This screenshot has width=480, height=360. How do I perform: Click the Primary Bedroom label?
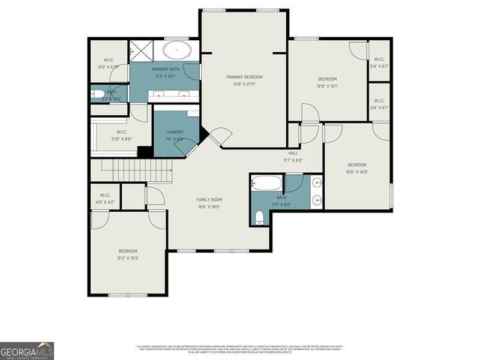(x=244, y=77)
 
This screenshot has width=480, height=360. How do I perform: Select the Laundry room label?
(x=175, y=132)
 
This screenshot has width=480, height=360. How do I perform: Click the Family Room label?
(x=209, y=199)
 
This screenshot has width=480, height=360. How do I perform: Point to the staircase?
(x=136, y=171)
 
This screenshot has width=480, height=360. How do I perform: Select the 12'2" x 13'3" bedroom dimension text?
(x=128, y=259)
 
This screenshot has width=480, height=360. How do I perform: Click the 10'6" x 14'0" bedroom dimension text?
(x=357, y=172)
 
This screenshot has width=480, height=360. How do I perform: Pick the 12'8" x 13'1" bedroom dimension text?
(x=327, y=86)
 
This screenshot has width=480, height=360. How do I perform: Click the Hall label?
(x=293, y=153)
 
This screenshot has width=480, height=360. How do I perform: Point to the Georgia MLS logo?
(x=27, y=350)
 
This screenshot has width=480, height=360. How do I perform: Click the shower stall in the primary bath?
(x=142, y=50)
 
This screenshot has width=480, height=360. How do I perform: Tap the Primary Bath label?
(x=166, y=69)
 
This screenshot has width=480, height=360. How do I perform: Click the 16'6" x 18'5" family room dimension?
(x=209, y=207)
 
